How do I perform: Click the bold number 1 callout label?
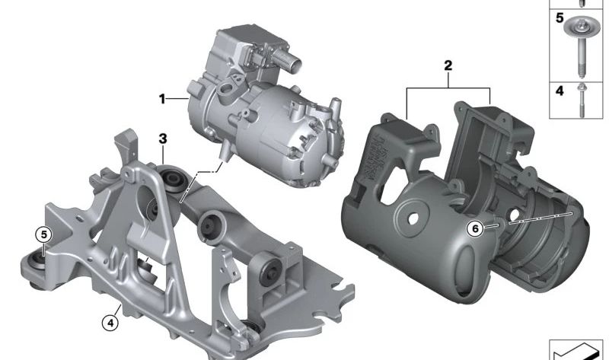point(162,99)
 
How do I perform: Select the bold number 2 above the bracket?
point(448,65)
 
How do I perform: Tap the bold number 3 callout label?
point(163,139)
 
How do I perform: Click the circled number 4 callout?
point(110,323)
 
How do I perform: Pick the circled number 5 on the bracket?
point(43,235)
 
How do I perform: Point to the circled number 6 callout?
point(475,229)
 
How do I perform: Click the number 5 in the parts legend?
point(560,18)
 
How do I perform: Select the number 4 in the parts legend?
point(560,91)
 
